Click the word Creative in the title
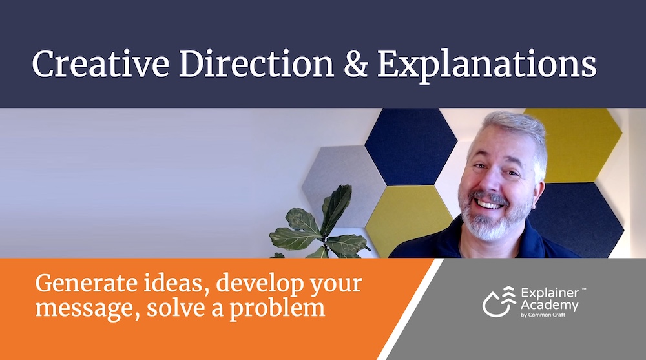coord(101,64)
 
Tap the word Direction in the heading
coord(256,64)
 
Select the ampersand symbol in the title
coord(355,65)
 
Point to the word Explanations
coord(487,66)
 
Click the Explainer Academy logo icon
coord(499,301)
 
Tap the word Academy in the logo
coord(550,306)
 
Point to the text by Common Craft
coord(543,315)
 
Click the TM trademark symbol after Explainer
coord(583,290)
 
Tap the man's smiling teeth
coord(490,204)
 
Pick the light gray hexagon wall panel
coord(342,182)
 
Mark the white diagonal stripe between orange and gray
coord(410,310)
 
